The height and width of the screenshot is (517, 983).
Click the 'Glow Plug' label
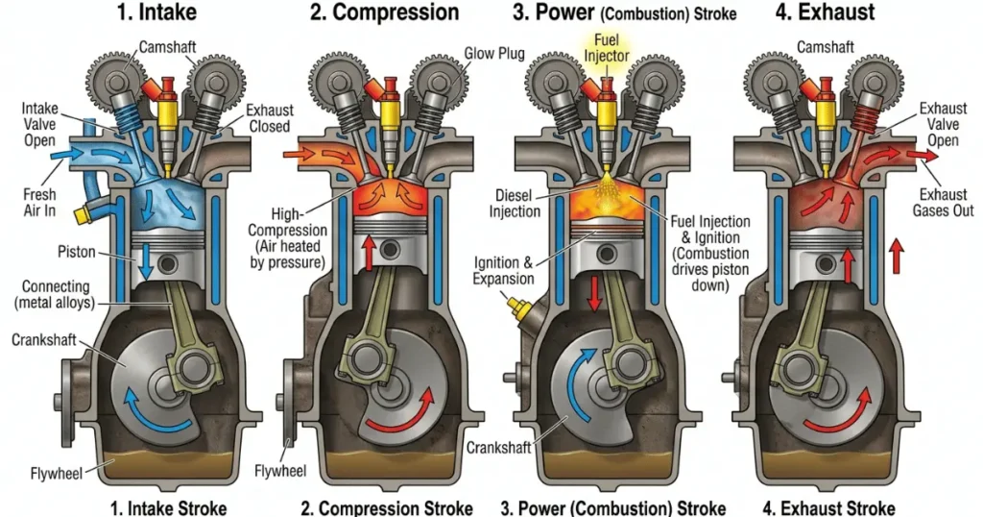click(494, 54)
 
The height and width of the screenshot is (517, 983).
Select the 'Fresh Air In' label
click(39, 202)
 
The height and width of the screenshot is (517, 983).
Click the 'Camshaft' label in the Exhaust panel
click(828, 46)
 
